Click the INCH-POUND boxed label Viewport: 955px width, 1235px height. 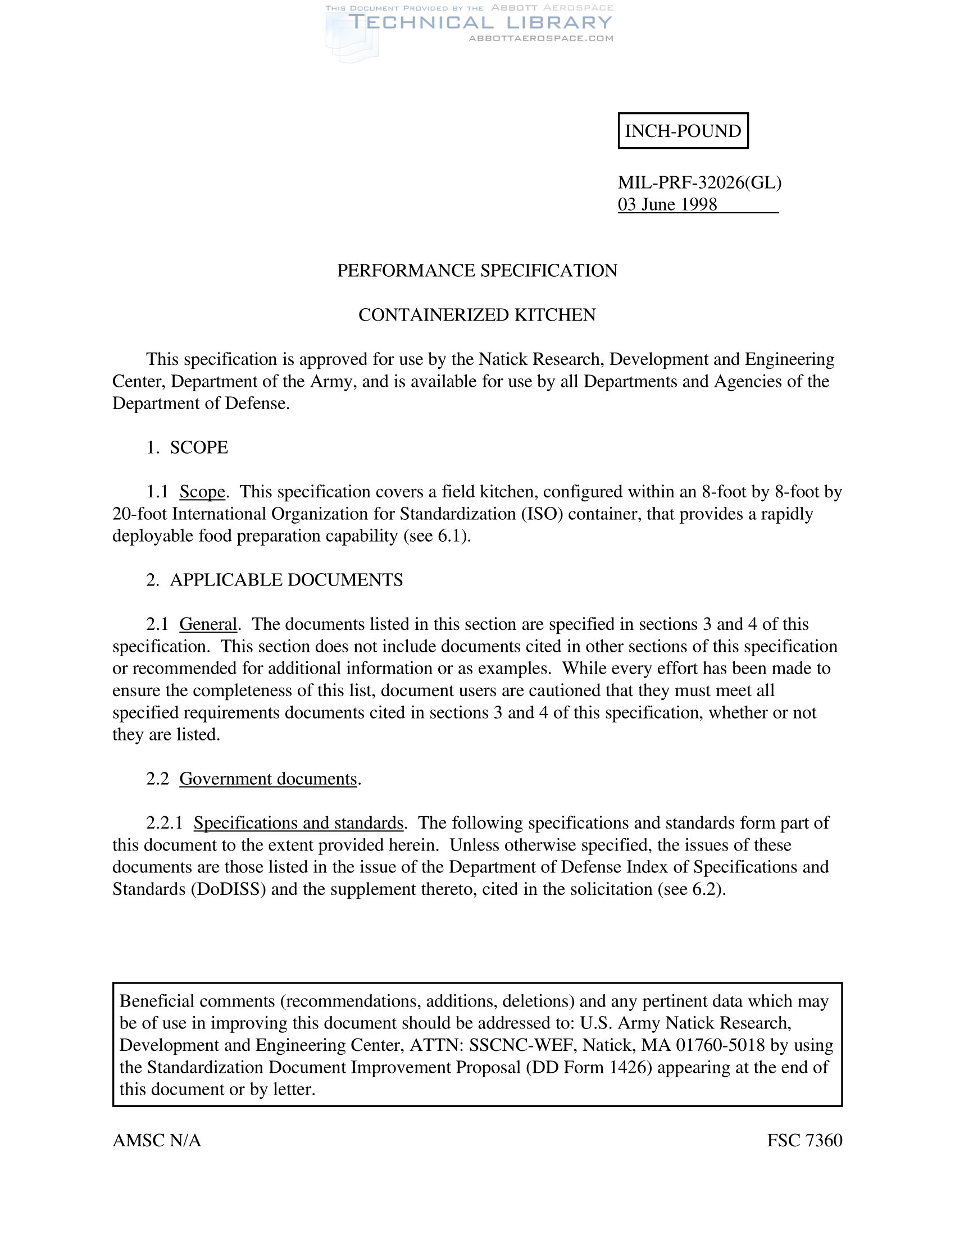[x=683, y=131]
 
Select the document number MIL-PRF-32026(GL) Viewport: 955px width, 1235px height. [x=699, y=182]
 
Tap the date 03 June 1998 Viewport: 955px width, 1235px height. [x=667, y=204]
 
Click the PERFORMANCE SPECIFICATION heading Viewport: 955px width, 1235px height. [x=477, y=271]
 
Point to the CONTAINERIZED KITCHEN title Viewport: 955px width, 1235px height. [x=477, y=314]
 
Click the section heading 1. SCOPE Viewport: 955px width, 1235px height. [x=187, y=447]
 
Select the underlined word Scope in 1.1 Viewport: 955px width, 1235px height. [x=202, y=491]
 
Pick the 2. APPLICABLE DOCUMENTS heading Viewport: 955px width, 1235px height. [x=274, y=580]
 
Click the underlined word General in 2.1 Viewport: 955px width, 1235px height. [x=208, y=624]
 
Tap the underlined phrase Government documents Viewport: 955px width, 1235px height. [x=268, y=779]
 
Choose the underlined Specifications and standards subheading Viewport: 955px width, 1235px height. [x=298, y=823]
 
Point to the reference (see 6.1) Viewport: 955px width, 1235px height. [x=436, y=536]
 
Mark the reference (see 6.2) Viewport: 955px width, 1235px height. [x=692, y=889]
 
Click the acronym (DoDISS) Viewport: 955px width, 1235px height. [x=229, y=889]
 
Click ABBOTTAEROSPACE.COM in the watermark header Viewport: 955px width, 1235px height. [x=541, y=38]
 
